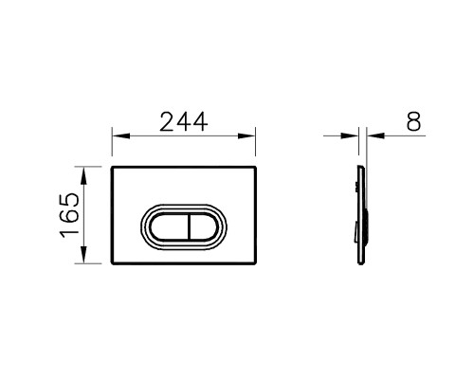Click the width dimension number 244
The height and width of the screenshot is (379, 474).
186,121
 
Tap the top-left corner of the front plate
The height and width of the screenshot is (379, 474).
113,169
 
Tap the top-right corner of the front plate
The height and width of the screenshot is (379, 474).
260,169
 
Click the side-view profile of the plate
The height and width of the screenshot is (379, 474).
357,216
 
